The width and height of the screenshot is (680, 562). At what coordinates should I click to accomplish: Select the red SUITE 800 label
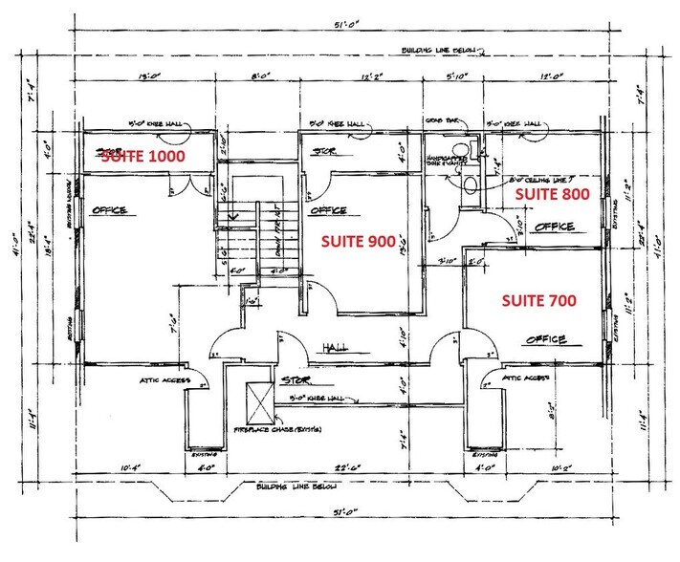coord(551,194)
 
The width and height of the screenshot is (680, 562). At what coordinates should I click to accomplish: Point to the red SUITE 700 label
coord(538,300)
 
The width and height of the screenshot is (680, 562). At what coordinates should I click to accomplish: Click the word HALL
coord(334,347)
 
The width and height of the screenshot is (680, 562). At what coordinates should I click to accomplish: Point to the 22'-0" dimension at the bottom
coord(340,467)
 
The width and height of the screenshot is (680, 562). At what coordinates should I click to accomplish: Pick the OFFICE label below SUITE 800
coord(555,227)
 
